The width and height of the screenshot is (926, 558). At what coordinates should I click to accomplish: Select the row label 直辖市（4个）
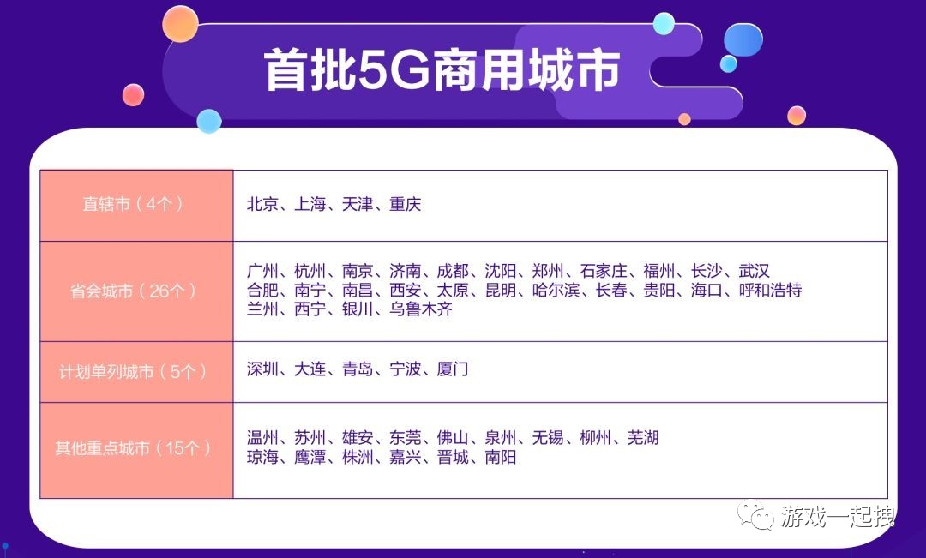[133, 205]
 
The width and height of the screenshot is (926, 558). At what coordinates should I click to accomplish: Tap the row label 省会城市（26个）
[134, 291]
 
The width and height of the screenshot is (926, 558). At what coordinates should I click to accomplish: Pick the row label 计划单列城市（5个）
[133, 371]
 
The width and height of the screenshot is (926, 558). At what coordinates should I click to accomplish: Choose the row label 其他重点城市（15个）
[133, 447]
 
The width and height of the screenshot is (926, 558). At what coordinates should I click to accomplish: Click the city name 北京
[262, 205]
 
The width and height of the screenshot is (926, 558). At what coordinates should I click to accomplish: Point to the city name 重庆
[405, 205]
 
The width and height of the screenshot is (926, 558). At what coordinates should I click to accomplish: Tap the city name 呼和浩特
[770, 291]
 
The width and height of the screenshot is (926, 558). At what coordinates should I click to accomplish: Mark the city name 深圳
[262, 369]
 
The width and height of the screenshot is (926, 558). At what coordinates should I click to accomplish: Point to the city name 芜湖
[643, 438]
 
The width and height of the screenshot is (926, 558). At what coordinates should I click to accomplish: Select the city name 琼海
[262, 458]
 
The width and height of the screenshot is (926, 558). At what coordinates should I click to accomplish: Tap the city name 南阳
[500, 458]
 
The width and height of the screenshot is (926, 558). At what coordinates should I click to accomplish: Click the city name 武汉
[755, 272]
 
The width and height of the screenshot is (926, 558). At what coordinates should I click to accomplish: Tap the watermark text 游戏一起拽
[837, 516]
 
